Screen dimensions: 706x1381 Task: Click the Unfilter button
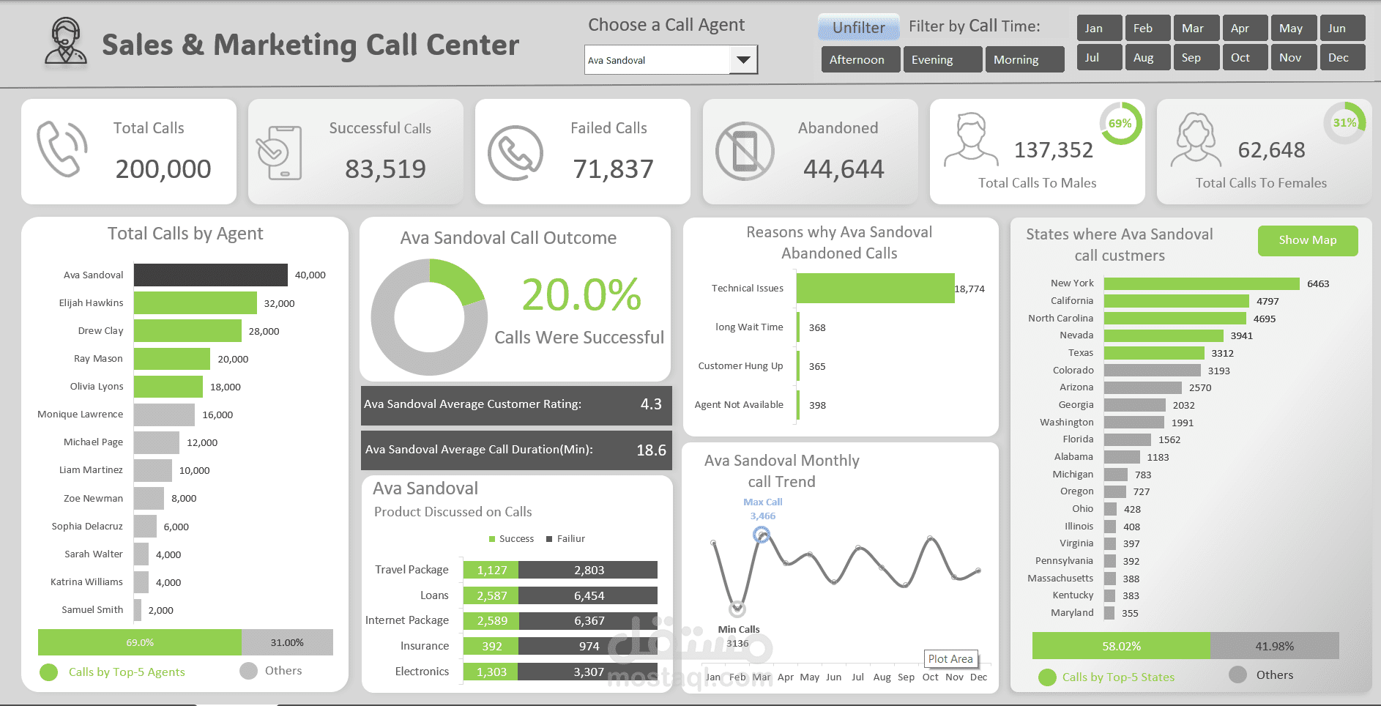click(858, 28)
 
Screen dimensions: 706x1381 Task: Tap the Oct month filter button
click(1244, 57)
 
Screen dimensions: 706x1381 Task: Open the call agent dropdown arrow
click(743, 60)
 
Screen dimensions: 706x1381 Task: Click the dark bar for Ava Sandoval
click(210, 275)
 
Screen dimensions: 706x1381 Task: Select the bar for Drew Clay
click(187, 331)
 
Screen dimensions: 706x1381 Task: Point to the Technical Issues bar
click(875, 289)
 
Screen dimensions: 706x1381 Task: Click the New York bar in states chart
click(1201, 283)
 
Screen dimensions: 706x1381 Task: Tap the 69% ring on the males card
click(1120, 124)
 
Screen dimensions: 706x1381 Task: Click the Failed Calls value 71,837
click(613, 169)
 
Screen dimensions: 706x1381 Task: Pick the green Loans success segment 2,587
click(491, 595)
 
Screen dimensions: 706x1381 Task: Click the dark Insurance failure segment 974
click(588, 646)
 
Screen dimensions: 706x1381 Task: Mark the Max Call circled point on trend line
click(762, 535)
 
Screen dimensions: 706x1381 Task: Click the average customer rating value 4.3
click(650, 404)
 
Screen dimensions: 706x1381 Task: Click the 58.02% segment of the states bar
click(1120, 646)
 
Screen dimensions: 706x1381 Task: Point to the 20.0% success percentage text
click(581, 294)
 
